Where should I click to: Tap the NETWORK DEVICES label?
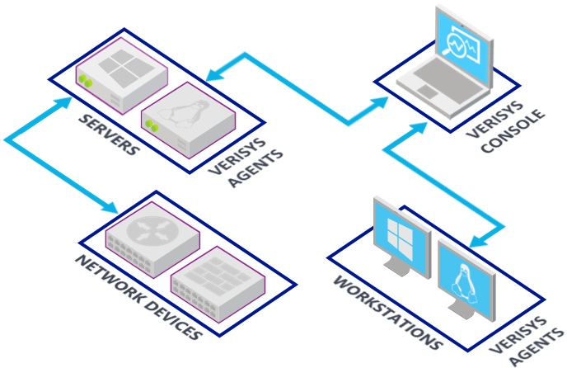[x=138, y=298]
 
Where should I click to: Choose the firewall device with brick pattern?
[x=218, y=280]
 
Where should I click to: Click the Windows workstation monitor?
[x=401, y=235]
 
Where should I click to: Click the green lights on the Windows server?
[x=84, y=80]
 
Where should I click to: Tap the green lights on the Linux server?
[x=151, y=125]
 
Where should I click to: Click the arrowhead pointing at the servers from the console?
[x=213, y=77]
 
